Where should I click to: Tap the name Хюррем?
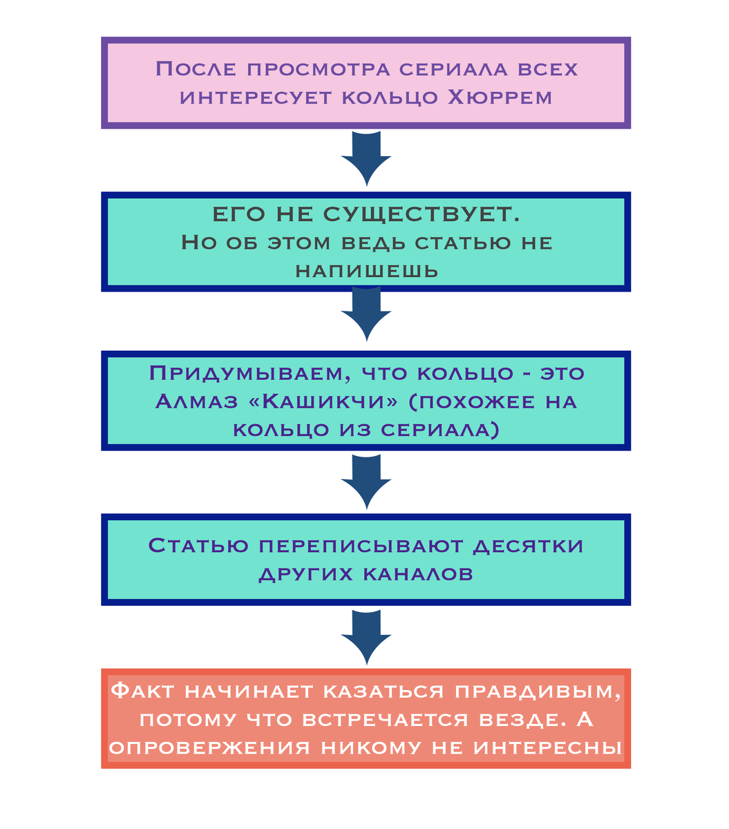[500, 97]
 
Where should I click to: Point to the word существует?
[422, 214]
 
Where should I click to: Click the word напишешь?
[366, 271]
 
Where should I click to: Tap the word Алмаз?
[196, 401]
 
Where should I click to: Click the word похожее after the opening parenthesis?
[471, 402]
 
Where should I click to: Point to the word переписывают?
[361, 546]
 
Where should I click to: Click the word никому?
[371, 748]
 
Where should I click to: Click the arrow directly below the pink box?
[366, 159]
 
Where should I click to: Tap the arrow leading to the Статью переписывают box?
[366, 483]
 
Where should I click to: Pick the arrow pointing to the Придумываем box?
[366, 314]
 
